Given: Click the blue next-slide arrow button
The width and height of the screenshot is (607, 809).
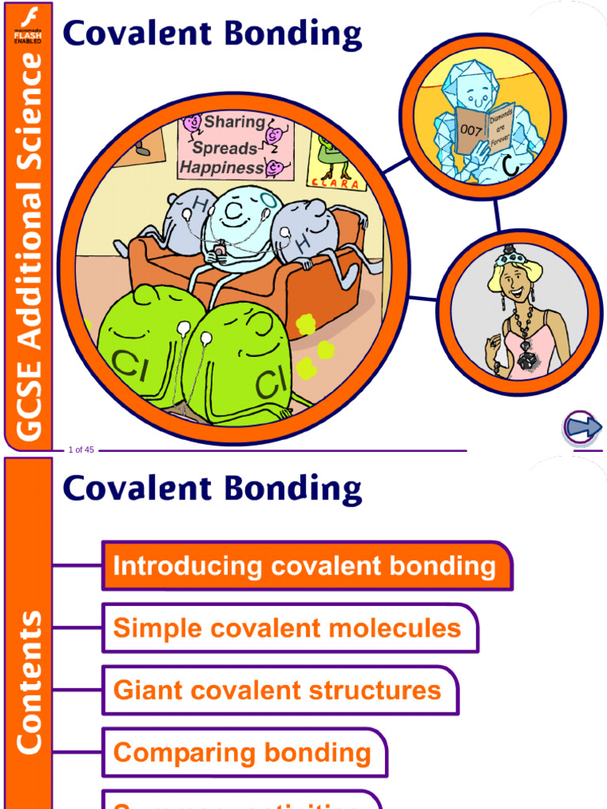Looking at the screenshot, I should pyautogui.click(x=583, y=428).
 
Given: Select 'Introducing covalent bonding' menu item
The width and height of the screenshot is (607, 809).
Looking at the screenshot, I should pyautogui.click(x=304, y=566).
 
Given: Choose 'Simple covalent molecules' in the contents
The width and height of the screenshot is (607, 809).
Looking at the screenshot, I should pyautogui.click(x=287, y=628).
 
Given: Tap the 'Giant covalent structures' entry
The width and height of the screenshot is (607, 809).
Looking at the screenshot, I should pyautogui.click(x=277, y=690).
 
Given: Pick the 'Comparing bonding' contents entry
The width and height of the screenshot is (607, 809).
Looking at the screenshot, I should pyautogui.click(x=242, y=752).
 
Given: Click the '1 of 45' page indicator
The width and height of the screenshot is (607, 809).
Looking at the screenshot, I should pyautogui.click(x=81, y=450).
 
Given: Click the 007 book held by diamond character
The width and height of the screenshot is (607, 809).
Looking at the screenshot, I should pyautogui.click(x=484, y=129).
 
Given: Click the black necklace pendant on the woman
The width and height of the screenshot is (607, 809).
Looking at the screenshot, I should pyautogui.click(x=523, y=359).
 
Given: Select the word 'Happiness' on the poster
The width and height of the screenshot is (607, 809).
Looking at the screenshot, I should pyautogui.click(x=221, y=167).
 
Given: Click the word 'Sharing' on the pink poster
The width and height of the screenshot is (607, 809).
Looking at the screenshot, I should pyautogui.click(x=234, y=122).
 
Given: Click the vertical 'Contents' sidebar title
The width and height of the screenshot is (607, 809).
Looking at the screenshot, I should pyautogui.click(x=28, y=683).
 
